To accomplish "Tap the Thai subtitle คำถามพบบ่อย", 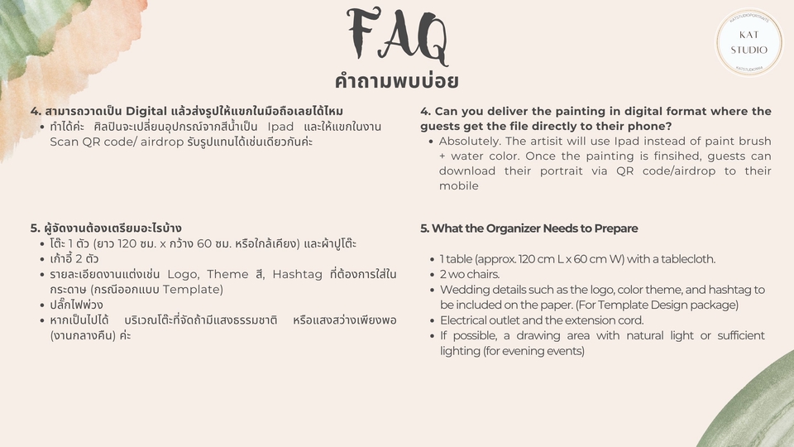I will (x=396, y=81).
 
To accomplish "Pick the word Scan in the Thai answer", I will (x=65, y=142).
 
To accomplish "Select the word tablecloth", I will (x=686, y=259).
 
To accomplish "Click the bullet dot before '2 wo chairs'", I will (x=432, y=275).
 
